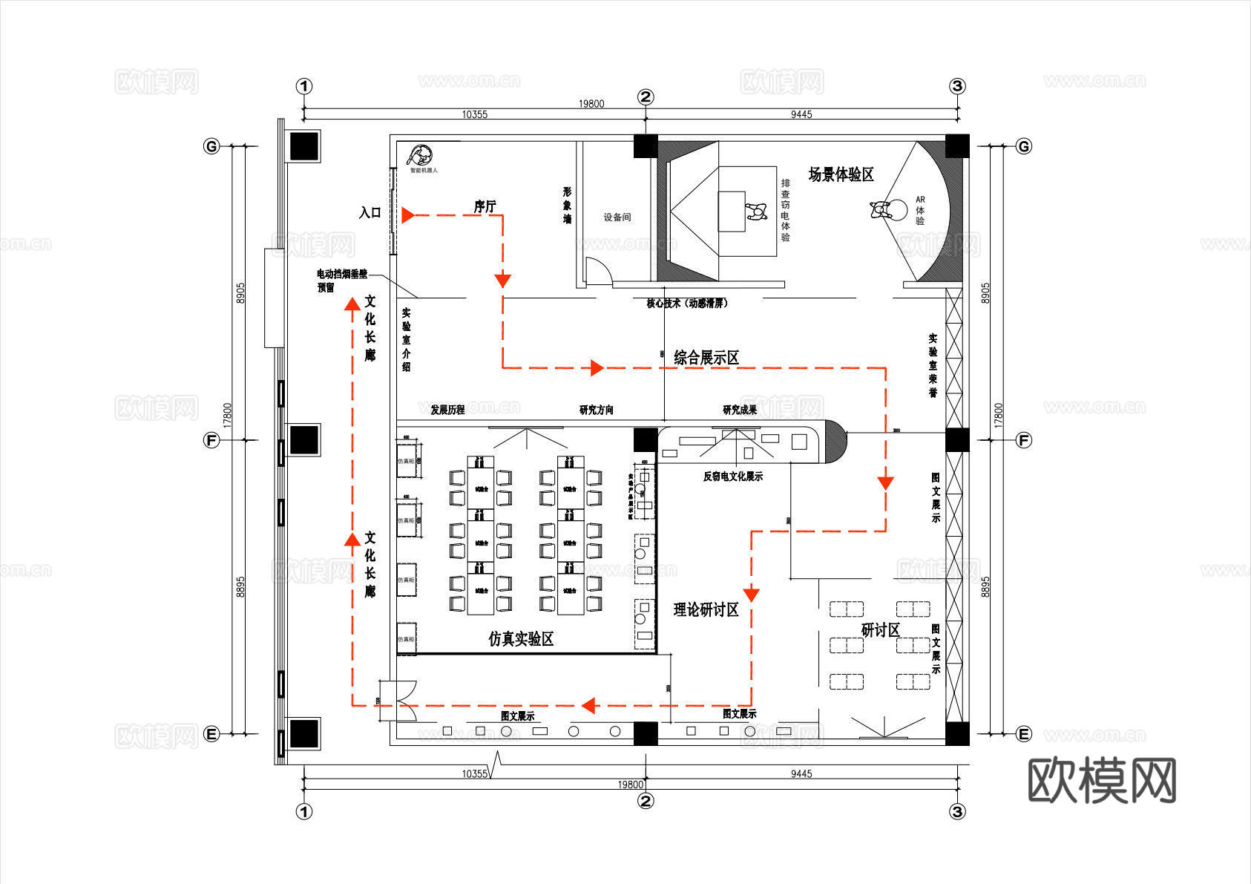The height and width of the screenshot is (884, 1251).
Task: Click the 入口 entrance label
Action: (x=370, y=213)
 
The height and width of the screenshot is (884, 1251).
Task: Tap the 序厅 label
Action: (x=485, y=206)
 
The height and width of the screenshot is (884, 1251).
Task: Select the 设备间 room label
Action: (x=617, y=217)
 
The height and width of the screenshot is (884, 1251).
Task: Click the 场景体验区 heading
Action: (x=841, y=174)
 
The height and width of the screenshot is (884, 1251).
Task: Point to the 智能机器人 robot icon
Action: (x=421, y=156)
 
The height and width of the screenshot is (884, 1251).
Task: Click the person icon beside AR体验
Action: (x=881, y=209)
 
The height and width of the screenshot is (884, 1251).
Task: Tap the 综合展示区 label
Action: (x=706, y=358)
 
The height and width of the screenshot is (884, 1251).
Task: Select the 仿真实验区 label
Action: (x=521, y=638)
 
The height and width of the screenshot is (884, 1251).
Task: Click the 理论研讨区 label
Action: (x=706, y=609)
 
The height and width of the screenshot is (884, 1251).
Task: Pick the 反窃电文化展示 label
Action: (x=732, y=477)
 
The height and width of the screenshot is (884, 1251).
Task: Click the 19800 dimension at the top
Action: (x=591, y=104)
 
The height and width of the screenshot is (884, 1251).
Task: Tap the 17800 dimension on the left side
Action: (x=228, y=415)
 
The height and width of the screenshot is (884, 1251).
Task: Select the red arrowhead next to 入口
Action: (x=407, y=215)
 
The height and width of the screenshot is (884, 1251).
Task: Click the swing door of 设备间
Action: (x=597, y=271)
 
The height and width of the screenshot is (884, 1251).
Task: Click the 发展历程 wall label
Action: (x=447, y=410)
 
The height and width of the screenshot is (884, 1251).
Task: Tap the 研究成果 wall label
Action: (x=740, y=410)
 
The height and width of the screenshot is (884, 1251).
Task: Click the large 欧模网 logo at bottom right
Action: (x=1101, y=780)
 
